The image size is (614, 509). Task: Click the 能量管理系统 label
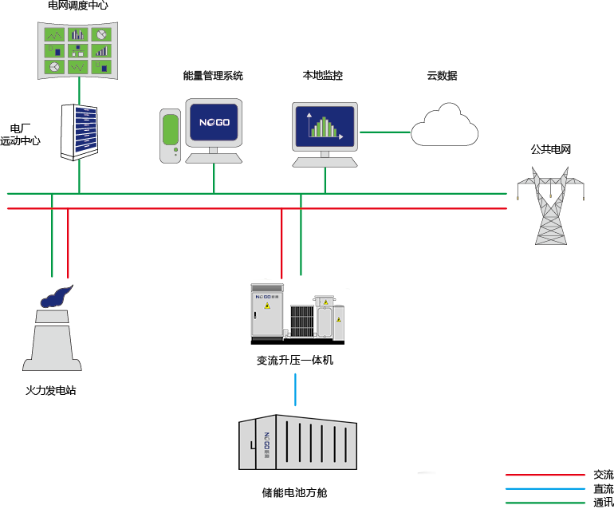point(212,76)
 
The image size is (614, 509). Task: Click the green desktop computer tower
point(170,136)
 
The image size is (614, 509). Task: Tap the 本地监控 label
point(322,76)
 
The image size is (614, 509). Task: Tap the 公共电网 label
point(552,149)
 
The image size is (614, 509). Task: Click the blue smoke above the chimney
point(55,295)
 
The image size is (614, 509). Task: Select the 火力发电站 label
point(51,391)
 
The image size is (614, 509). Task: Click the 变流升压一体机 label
point(294,360)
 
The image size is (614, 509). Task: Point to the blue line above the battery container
point(296,388)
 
